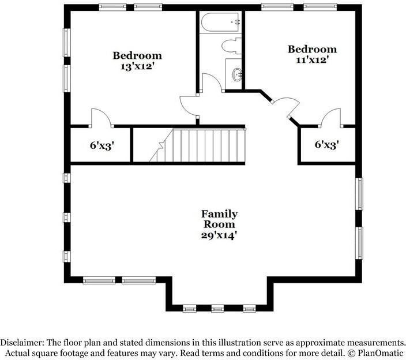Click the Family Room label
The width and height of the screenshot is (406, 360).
point(219,219)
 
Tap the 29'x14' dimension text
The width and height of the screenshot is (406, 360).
point(219,235)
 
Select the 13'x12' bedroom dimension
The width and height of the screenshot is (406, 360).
point(137,66)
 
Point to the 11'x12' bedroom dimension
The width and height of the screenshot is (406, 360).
point(311,59)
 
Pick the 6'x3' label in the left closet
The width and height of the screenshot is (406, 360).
point(102,145)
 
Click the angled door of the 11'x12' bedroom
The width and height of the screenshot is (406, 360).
point(287,106)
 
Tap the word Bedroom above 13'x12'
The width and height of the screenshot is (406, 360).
point(137,55)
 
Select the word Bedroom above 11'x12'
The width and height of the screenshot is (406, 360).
point(311,49)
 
